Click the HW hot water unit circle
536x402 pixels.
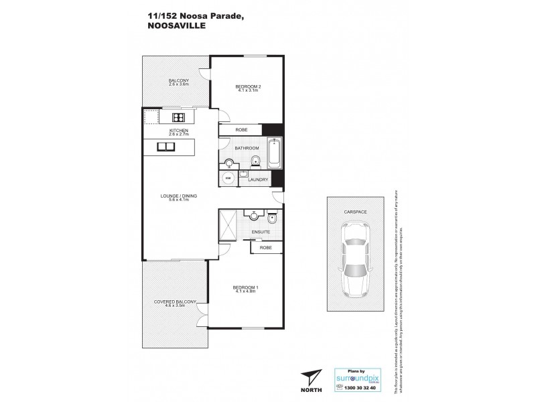coord(228,178)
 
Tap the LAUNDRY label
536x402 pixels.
coord(258,180)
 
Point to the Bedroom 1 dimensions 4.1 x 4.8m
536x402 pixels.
coord(246,291)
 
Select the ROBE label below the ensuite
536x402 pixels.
coord(263,247)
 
